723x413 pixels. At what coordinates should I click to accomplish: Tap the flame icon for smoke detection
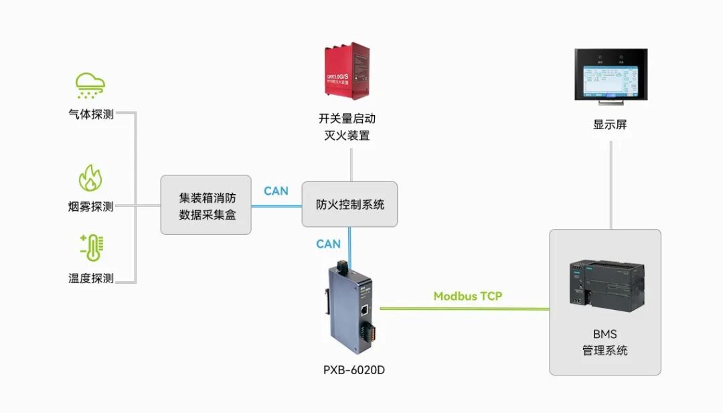[90, 179]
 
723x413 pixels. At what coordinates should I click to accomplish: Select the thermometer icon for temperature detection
[90, 248]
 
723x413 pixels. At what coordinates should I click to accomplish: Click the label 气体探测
[91, 114]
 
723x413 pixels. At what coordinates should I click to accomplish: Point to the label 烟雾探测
[91, 206]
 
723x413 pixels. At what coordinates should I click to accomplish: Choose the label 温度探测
[91, 278]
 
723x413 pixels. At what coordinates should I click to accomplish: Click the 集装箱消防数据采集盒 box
[206, 205]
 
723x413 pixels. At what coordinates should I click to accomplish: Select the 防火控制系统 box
[349, 204]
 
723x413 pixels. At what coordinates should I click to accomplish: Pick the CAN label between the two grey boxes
[276, 191]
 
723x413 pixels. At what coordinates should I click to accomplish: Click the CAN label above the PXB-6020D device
[328, 244]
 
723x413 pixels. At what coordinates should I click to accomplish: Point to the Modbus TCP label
[467, 296]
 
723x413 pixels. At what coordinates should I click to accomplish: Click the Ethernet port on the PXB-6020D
[365, 309]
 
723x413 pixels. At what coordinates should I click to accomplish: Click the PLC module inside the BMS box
[606, 286]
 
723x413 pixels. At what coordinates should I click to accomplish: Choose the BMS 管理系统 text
[605, 342]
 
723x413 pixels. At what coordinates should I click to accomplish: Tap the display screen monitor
[611, 75]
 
